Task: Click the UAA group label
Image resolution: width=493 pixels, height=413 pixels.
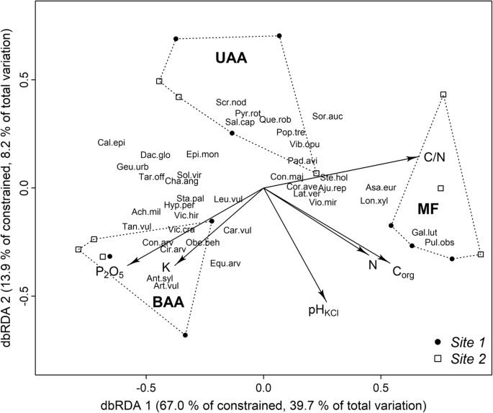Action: tap(231, 59)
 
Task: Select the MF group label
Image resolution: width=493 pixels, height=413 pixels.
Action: tap(431, 209)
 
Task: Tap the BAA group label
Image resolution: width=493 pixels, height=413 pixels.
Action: tap(168, 304)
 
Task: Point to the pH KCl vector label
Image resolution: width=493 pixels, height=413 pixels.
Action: tap(325, 311)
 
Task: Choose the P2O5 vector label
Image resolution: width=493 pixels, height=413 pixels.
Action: tap(110, 272)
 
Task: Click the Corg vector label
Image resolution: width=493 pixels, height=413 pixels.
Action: tap(405, 272)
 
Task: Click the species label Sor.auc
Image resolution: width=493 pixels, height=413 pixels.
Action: tap(327, 116)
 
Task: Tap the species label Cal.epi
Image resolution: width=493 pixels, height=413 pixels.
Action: tap(112, 143)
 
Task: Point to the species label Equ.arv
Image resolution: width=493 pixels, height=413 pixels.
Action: tap(225, 263)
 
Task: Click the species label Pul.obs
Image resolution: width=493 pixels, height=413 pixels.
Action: tap(439, 242)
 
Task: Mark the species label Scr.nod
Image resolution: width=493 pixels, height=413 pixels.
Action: tap(230, 102)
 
